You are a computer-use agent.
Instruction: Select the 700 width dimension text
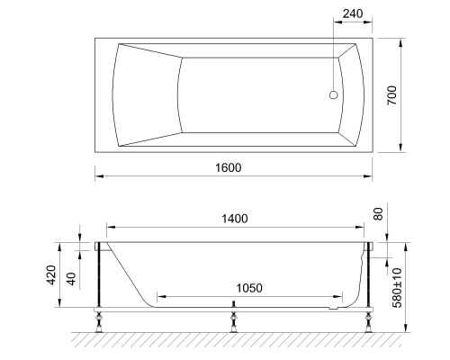point(391,95)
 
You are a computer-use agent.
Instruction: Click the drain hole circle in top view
point(335,94)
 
